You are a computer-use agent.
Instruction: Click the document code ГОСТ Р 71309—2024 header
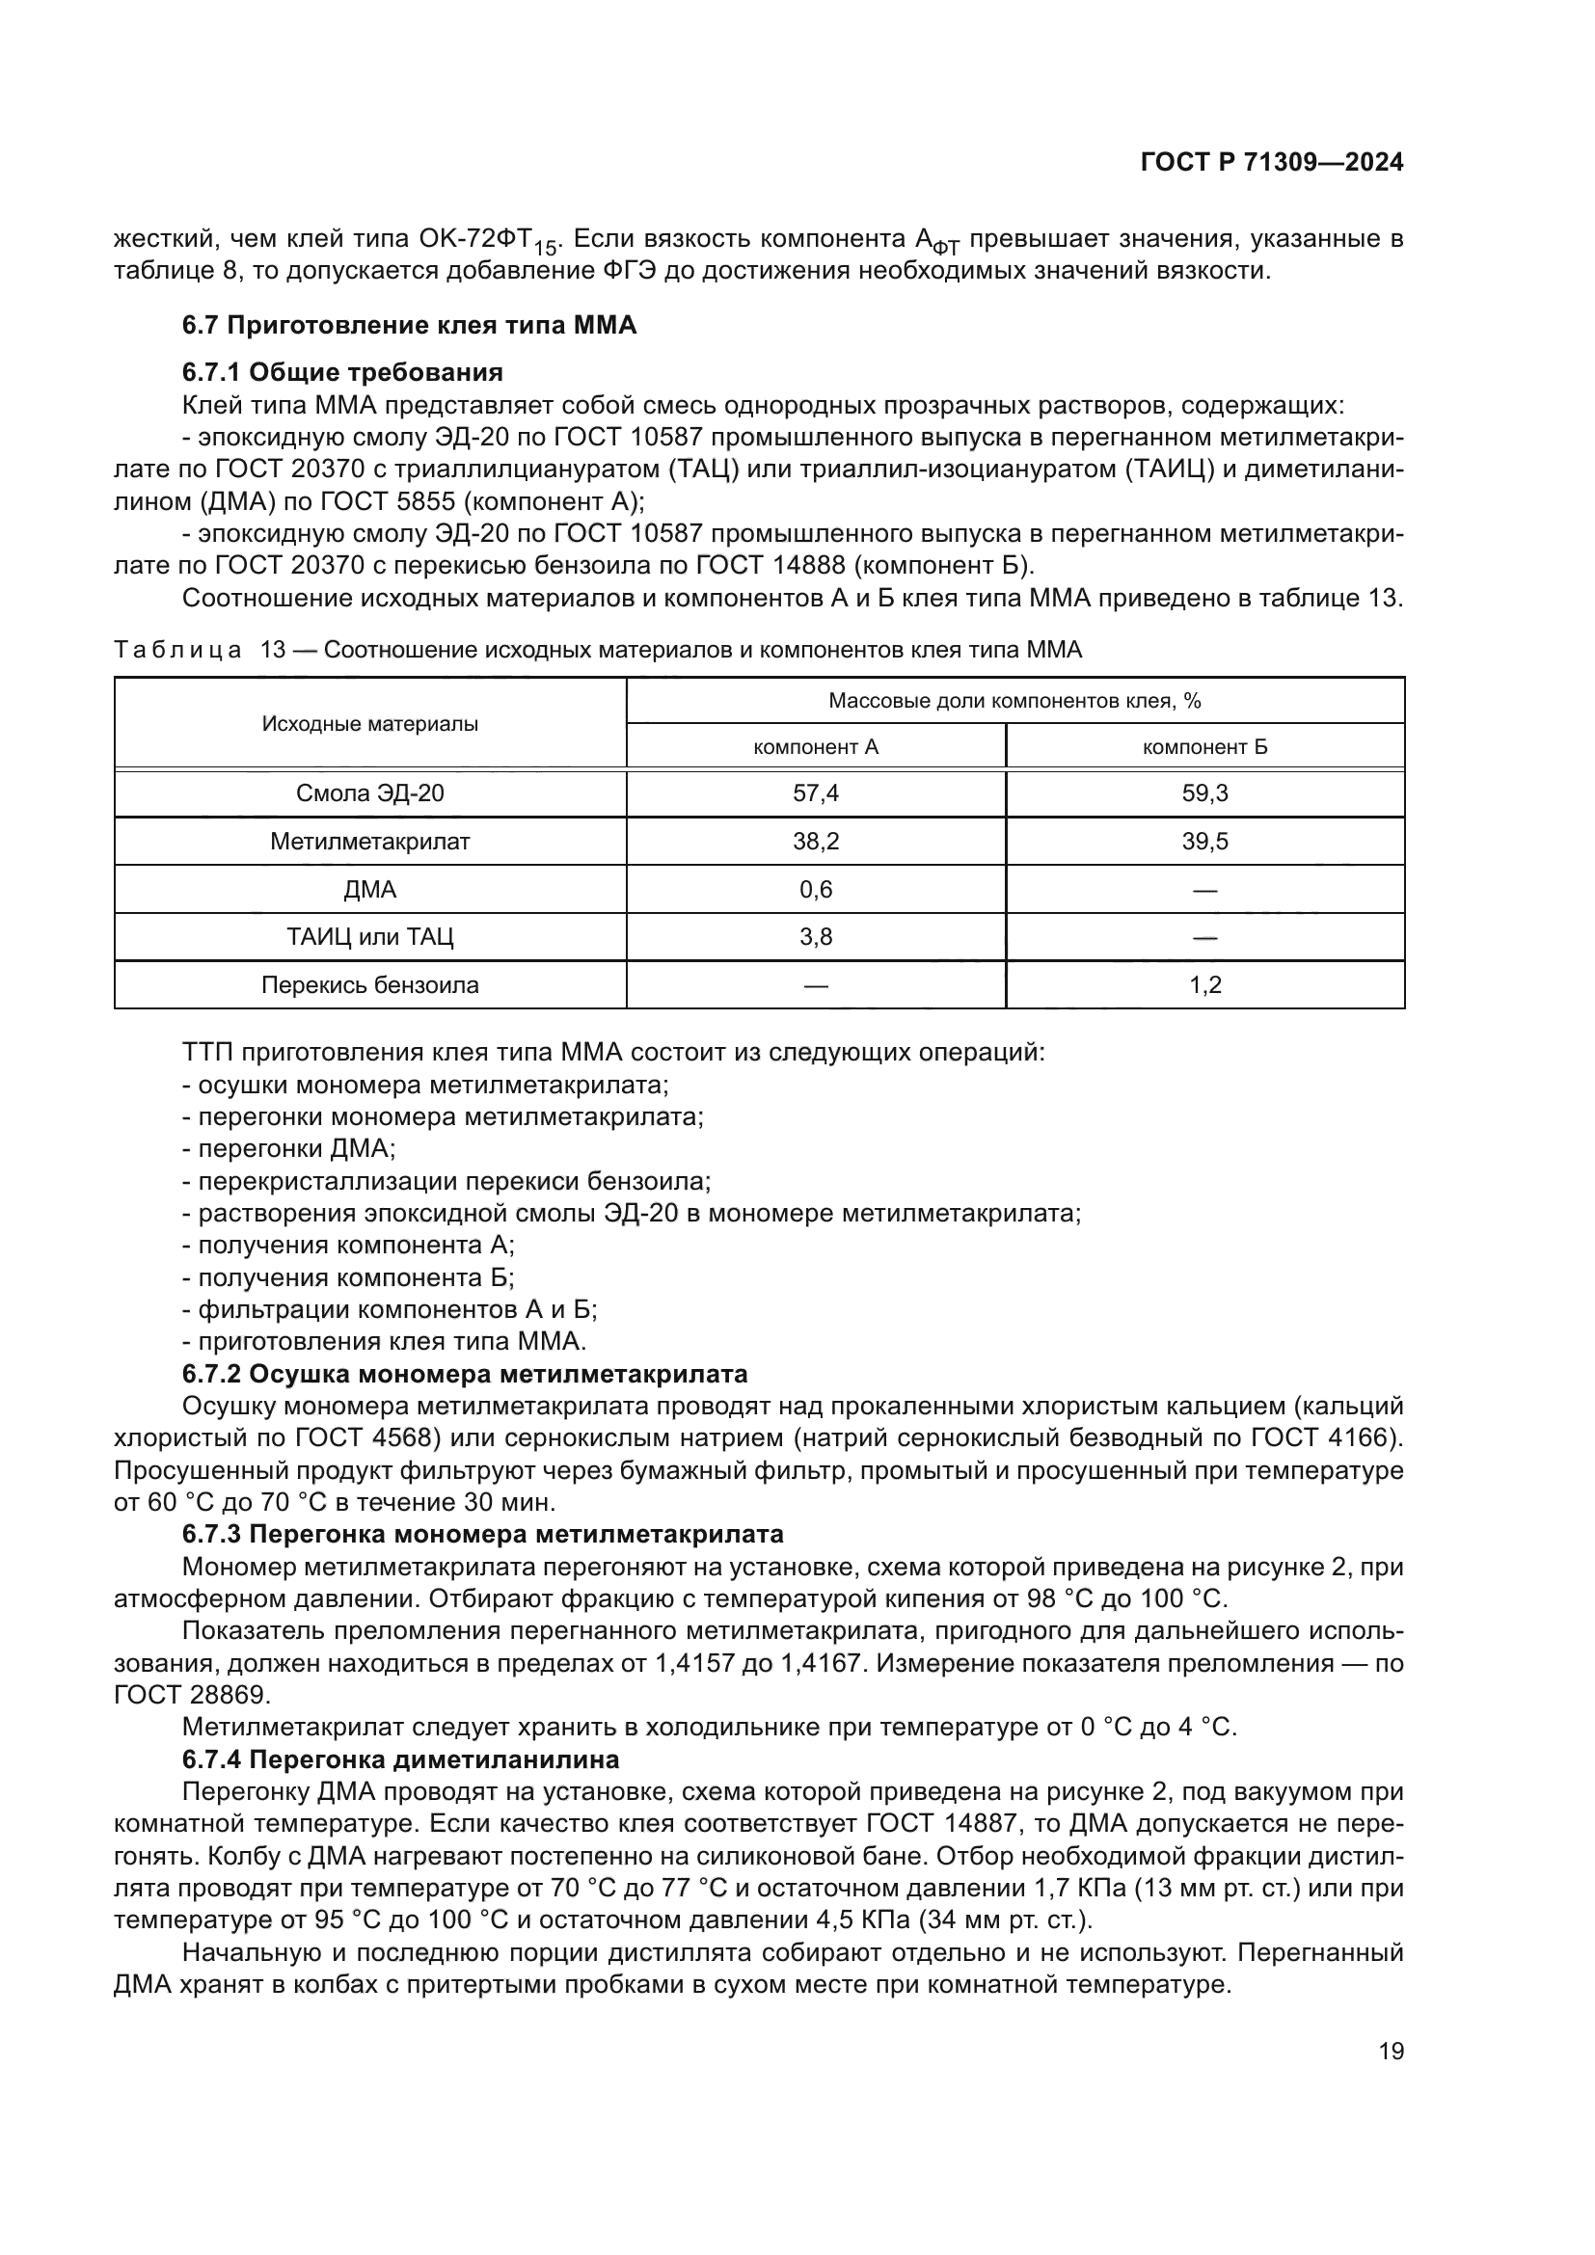click(x=1271, y=163)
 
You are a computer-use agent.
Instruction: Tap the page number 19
click(x=1391, y=2071)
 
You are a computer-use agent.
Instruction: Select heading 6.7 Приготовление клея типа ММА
click(x=409, y=325)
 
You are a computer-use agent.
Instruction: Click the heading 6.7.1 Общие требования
click(x=341, y=372)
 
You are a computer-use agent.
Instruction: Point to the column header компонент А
click(x=815, y=747)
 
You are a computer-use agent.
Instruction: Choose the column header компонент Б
click(x=1204, y=747)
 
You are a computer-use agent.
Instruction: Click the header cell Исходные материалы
click(x=370, y=724)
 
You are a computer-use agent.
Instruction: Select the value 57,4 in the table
click(x=815, y=793)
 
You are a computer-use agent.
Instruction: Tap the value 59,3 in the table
click(x=1204, y=793)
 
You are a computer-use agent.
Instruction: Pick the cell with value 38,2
click(x=815, y=842)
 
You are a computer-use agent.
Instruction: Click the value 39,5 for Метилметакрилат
click(x=1204, y=842)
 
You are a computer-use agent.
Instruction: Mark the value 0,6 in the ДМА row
click(x=815, y=890)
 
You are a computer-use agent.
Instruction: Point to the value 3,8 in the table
click(x=815, y=937)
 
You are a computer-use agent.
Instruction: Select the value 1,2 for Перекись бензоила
click(x=1204, y=985)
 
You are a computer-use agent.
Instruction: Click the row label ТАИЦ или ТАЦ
click(x=370, y=937)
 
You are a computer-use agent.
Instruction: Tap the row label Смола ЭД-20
click(x=370, y=793)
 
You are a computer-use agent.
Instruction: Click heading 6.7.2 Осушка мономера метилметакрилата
click(x=465, y=1374)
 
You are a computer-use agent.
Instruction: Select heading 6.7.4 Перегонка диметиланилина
click(x=401, y=1759)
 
